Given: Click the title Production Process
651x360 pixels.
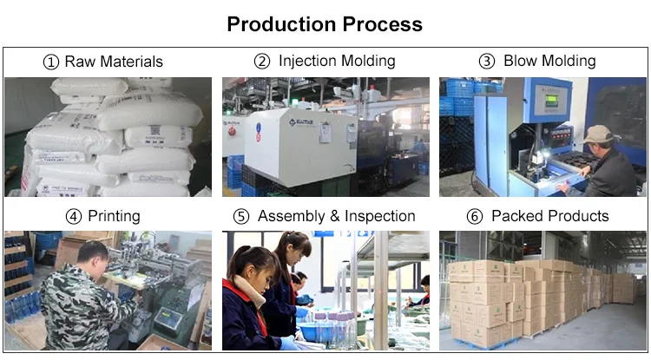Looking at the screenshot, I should coord(325,23).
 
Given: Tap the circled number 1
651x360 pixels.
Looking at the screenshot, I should coord(52,62).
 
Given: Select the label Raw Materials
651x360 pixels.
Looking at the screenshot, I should coord(114,62).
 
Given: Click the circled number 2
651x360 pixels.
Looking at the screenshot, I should coord(262,62).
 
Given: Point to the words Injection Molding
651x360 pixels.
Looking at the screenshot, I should coord(337,62).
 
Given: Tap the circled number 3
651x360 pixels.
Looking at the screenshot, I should coord(487,62).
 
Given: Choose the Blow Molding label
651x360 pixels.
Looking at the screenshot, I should coord(549,62).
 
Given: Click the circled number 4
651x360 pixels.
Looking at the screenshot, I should coord(73,216).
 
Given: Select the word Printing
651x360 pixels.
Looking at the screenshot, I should coord(115,216).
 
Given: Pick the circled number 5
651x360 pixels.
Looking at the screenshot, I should coord(241,216).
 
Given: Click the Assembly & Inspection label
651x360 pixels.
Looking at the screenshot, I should coord(337,216).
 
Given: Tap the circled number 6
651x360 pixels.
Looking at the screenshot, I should coord(474,216).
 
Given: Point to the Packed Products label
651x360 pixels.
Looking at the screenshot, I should coord(550,216).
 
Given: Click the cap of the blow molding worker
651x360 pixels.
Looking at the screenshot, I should coord(597,133).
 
